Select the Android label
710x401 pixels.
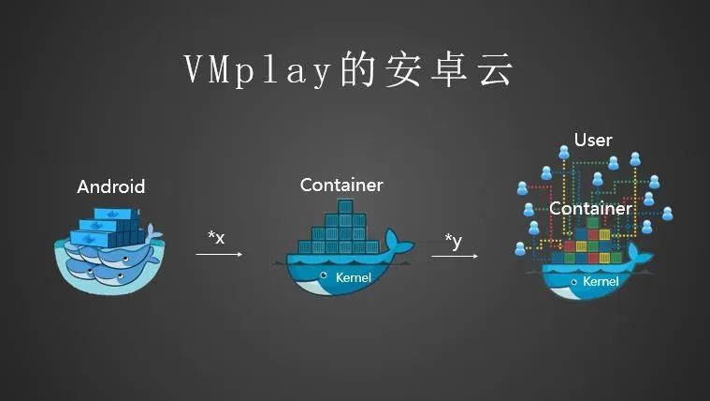[x=111, y=186]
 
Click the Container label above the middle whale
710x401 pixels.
[x=341, y=185]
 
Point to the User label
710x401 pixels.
[x=593, y=141]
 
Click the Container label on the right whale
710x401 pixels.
[x=590, y=208]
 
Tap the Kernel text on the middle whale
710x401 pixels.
[x=354, y=277]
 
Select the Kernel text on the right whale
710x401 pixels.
[x=601, y=281]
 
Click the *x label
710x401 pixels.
[x=216, y=238]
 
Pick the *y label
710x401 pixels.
[x=454, y=242]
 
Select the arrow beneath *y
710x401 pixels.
[x=459, y=257]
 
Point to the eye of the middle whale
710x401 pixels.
[x=324, y=275]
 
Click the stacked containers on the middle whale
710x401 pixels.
[x=341, y=232]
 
